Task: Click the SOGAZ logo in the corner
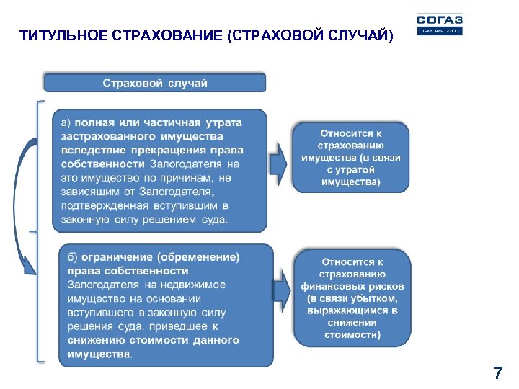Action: point(439,24)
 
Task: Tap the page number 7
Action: point(497,373)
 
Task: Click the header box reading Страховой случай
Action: point(155,83)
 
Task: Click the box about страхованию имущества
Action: point(350,158)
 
